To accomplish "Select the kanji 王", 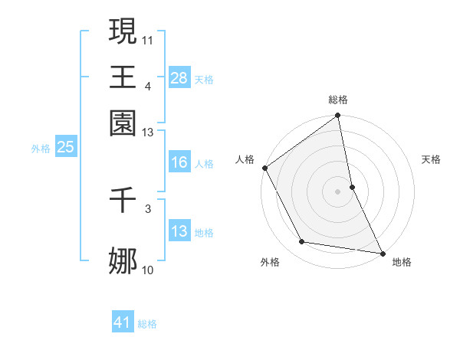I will coord(123,77).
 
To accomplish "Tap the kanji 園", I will coord(123,123).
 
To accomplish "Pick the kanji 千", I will coord(123,201).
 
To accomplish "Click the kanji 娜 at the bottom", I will coord(123,261).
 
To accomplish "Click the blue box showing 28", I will coord(179,78).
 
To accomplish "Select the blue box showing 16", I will coord(179,162).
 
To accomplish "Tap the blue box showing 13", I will coord(179,232).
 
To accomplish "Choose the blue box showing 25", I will coord(65,148).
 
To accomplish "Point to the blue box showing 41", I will coord(123,323).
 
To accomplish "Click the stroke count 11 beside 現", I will coord(148,38).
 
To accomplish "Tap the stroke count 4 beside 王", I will coord(147,85).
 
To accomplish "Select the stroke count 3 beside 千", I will coord(148,208).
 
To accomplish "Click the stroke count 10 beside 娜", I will coord(148,270).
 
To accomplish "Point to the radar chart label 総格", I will coord(338,100).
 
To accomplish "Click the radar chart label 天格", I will coord(431,159).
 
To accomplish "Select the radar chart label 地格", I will coord(402,262).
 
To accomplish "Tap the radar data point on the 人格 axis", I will coord(264,168).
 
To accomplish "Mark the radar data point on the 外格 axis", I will coord(302,242).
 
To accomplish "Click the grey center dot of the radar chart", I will coord(338,191).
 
